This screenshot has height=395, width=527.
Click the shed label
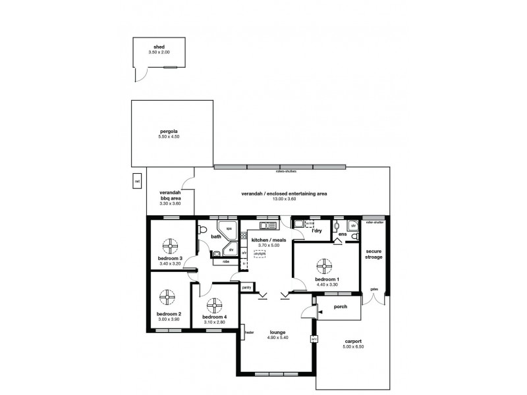pyautogui.click(x=159, y=47)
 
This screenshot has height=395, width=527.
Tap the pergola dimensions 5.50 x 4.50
pyautogui.click(x=169, y=136)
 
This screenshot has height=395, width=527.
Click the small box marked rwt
pyautogui.click(x=137, y=181)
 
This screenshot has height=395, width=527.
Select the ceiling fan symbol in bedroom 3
pyautogui.click(x=170, y=246)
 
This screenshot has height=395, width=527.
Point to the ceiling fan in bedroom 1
pyautogui.click(x=324, y=267)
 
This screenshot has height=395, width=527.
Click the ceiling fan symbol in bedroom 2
pyautogui.click(x=168, y=297)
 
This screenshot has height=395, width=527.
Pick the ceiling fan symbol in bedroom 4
pyautogui.click(x=213, y=306)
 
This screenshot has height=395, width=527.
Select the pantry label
pyautogui.click(x=246, y=287)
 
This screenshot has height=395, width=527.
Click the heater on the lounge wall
pyautogui.click(x=244, y=332)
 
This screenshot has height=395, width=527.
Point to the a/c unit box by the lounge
pyautogui.click(x=314, y=338)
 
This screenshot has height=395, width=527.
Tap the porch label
pyautogui.click(x=341, y=306)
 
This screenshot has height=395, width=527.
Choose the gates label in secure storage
pyautogui.click(x=374, y=289)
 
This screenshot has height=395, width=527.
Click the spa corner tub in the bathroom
pyautogui.click(x=231, y=229)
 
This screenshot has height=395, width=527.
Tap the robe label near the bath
pyautogui.click(x=225, y=261)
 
